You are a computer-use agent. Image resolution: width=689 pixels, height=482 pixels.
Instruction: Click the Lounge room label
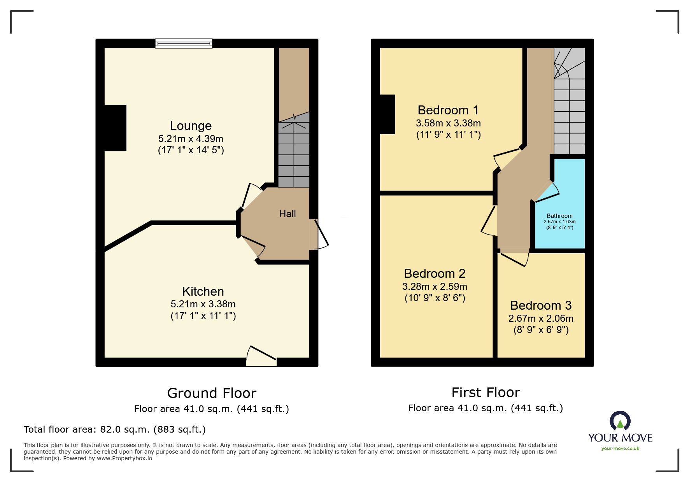(191, 126)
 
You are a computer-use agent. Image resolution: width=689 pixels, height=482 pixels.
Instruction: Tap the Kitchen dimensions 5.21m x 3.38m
(203, 304)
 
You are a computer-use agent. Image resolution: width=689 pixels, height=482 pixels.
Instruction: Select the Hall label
(287, 214)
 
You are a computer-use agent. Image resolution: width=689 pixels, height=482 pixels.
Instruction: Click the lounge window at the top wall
(184, 43)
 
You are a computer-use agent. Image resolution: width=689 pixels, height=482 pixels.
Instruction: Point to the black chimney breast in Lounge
(115, 128)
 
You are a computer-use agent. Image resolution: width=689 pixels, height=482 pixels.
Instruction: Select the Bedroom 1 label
(448, 110)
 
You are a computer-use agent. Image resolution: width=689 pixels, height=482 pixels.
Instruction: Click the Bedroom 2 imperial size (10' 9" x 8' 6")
(435, 298)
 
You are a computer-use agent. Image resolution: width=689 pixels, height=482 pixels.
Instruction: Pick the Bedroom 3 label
(541, 305)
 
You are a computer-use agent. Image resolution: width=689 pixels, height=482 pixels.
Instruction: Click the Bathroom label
(559, 216)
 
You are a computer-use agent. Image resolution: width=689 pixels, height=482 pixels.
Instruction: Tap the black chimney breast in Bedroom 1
(387, 114)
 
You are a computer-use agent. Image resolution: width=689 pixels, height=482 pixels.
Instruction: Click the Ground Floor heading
(212, 393)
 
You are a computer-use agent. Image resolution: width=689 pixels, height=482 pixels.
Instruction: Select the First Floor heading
(486, 393)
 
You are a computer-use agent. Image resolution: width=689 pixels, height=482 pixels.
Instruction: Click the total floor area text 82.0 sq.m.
(114, 429)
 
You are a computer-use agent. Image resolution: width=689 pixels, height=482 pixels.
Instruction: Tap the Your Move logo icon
(620, 421)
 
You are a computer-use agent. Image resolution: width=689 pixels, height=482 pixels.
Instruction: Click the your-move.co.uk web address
(620, 449)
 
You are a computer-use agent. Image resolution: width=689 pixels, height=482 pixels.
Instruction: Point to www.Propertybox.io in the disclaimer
(124, 458)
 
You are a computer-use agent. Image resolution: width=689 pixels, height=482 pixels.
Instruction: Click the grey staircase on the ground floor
(294, 156)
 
